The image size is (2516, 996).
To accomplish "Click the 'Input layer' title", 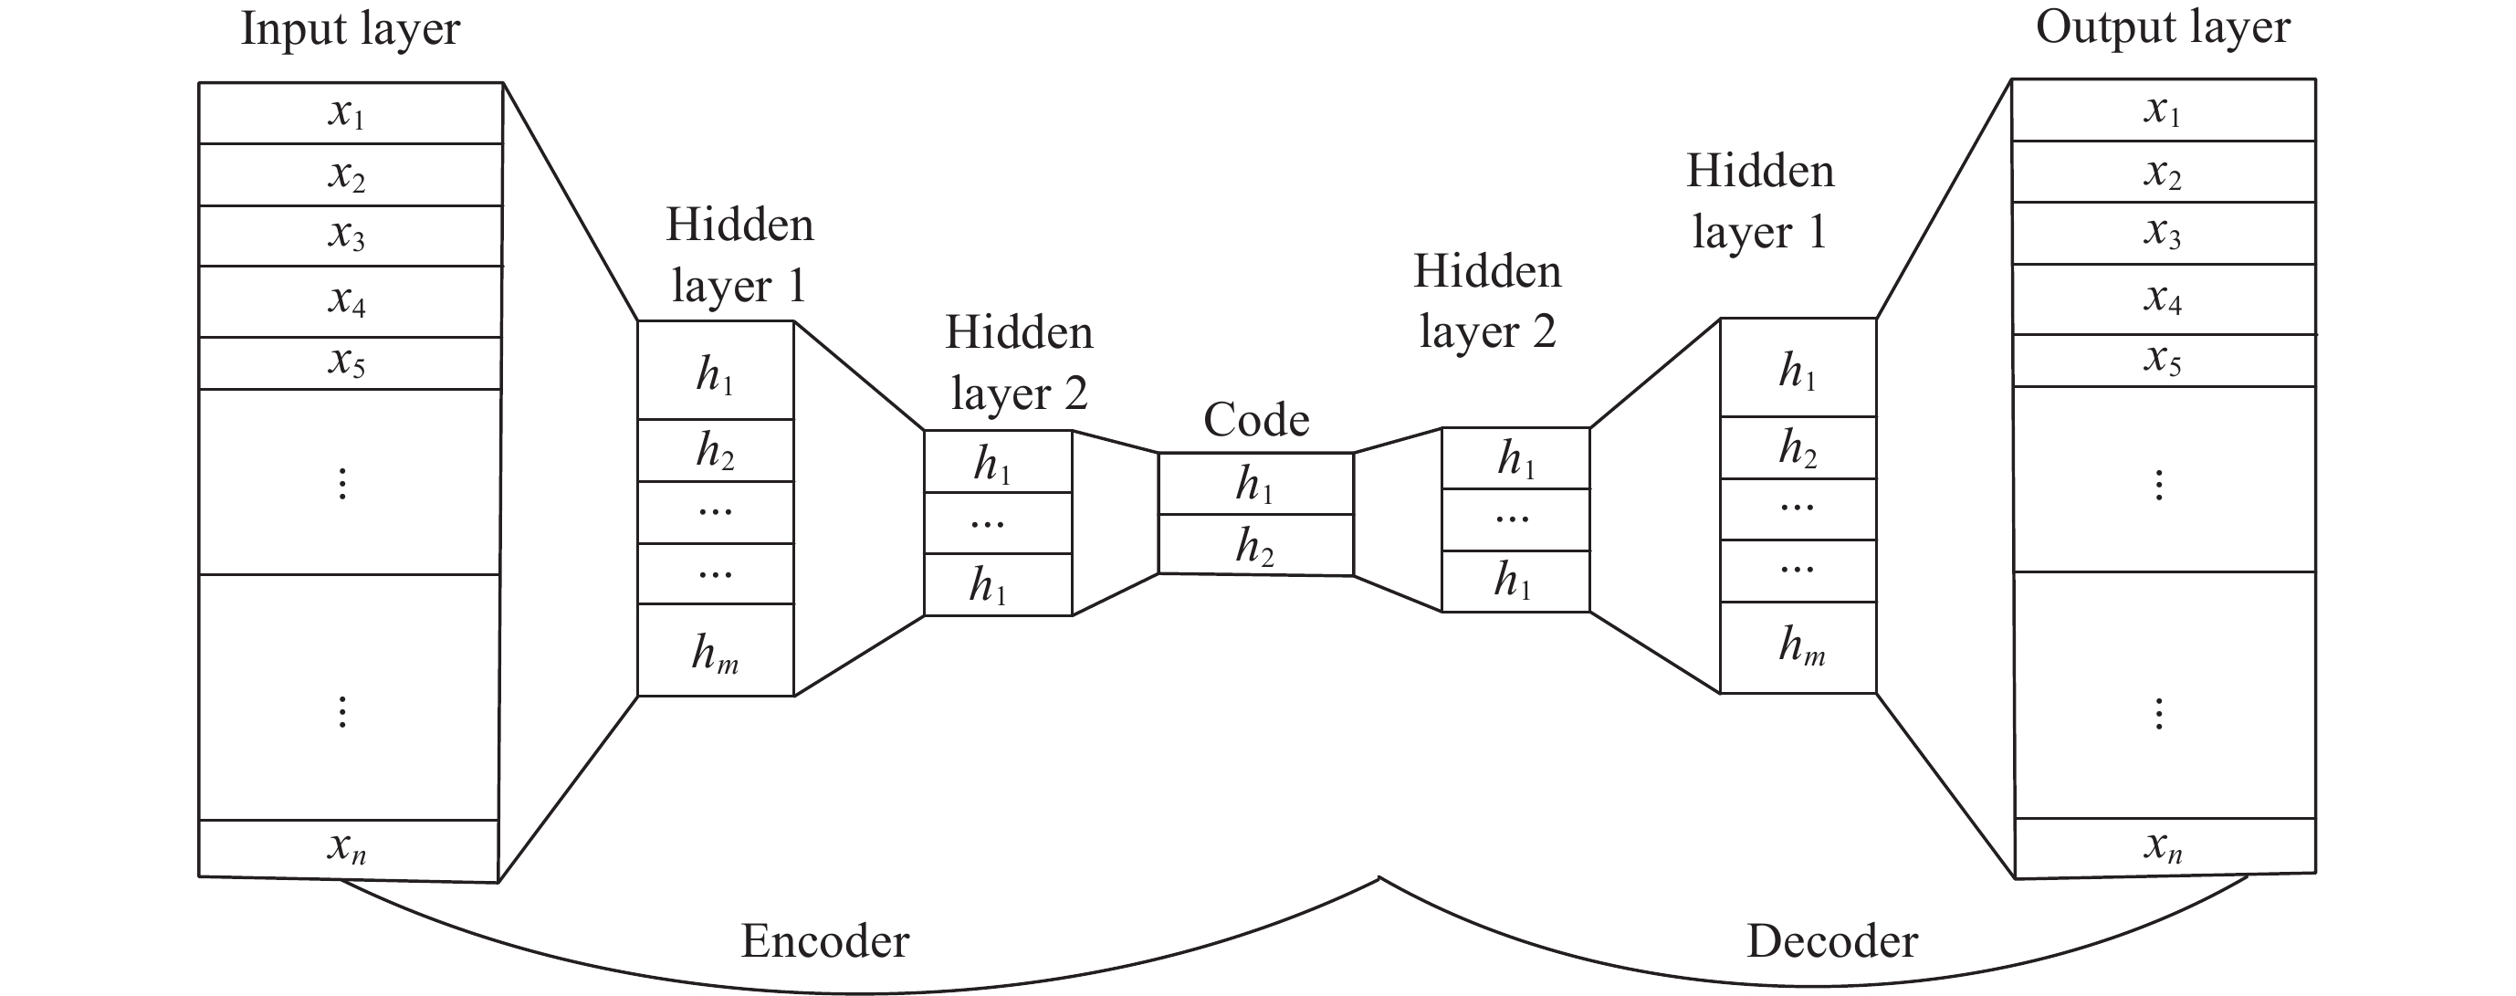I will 350,29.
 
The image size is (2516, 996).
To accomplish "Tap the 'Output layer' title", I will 2162,27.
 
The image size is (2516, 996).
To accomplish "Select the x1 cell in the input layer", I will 350,113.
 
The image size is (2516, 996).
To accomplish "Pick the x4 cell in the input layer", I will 350,300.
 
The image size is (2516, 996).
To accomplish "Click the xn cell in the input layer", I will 348,847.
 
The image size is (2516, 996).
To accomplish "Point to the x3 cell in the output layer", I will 2163,234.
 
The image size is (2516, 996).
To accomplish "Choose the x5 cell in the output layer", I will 2163,361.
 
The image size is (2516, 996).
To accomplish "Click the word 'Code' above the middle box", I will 1256,420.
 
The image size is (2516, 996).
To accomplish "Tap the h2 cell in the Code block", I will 1256,545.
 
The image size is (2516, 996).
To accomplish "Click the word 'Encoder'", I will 825,941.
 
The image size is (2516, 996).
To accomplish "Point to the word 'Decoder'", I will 1831,941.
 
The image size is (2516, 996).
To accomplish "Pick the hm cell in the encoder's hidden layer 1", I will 716,651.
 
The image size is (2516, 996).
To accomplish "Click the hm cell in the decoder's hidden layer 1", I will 1798,647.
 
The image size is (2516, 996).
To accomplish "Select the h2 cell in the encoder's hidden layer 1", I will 716,451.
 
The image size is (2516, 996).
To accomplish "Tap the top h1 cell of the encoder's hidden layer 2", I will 997,463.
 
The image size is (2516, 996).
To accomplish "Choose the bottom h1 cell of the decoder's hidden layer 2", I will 1515,581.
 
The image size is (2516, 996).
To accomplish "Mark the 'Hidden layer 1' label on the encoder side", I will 739,255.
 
